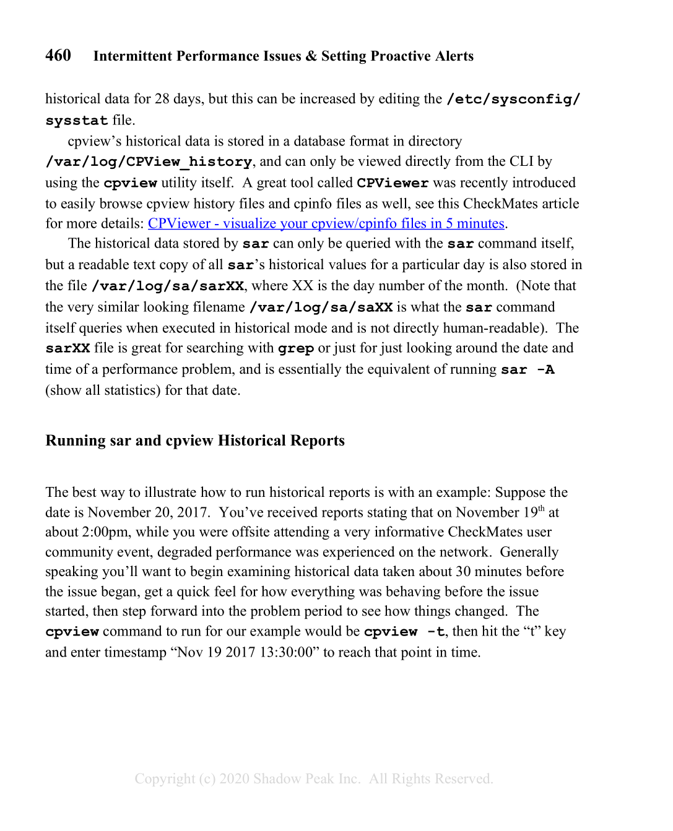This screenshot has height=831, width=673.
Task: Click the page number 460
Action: click(x=58, y=56)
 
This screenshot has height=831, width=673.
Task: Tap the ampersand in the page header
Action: click(x=311, y=56)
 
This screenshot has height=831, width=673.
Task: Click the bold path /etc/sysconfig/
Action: click(x=513, y=99)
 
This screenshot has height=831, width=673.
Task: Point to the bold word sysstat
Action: click(x=76, y=120)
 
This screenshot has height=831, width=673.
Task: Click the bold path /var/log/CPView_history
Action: click(x=149, y=161)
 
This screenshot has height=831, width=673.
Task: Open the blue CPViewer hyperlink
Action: click(x=326, y=223)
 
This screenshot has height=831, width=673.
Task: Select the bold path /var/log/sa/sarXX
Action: click(x=168, y=286)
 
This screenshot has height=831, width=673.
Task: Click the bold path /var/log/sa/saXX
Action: click(x=321, y=307)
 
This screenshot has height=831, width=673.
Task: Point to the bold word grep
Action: click(x=296, y=348)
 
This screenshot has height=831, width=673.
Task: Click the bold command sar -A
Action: click(x=528, y=370)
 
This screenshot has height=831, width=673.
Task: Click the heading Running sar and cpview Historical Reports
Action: click(x=195, y=441)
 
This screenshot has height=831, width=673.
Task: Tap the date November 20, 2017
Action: click(x=147, y=512)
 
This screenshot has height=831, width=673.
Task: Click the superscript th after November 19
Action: click(x=541, y=509)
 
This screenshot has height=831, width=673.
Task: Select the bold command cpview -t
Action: click(x=404, y=632)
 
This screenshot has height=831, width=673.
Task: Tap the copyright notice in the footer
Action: click(x=314, y=778)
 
